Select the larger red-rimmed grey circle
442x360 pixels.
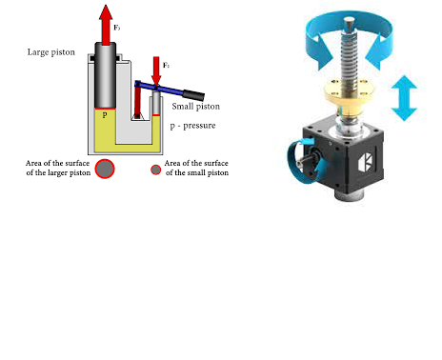[106, 169]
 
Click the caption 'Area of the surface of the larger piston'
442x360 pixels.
[58, 169]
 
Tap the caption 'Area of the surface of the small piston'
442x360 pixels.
[196, 169]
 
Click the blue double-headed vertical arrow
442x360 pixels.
[404, 99]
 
